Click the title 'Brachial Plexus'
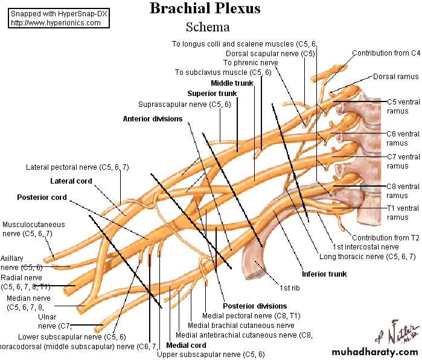(205, 8)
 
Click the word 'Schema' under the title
(208, 27)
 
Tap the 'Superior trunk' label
(212, 94)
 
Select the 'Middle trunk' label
(231, 83)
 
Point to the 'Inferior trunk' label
(324, 274)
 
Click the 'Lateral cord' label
(71, 181)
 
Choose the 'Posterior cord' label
(42, 198)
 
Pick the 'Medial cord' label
(186, 346)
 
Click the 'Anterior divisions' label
(152, 119)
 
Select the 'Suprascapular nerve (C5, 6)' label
(184, 104)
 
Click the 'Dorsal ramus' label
(395, 77)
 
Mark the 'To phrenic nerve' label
(251, 63)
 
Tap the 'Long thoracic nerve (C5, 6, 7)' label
(368, 256)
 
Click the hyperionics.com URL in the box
(56, 22)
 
